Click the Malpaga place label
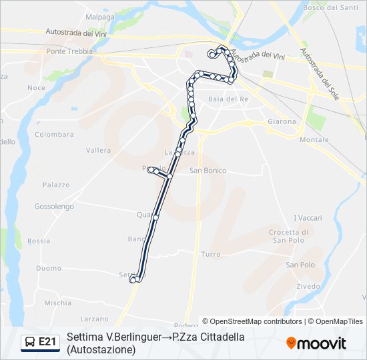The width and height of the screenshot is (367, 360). click(100, 15)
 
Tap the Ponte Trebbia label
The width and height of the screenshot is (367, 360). click(65, 51)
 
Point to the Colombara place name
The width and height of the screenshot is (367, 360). click(54, 134)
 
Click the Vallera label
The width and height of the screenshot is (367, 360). click(98, 150)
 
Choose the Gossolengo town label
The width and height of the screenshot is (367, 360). click(55, 207)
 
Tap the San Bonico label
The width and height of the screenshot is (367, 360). click(208, 171)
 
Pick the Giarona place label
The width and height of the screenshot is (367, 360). click(282, 122)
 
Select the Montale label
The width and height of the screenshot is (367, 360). click(314, 139)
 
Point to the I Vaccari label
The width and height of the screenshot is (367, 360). click(308, 218)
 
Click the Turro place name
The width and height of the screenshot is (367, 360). click(211, 255)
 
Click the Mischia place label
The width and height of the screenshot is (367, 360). click(57, 303)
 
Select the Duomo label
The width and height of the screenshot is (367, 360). click(49, 268)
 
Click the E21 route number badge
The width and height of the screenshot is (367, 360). click(41, 342)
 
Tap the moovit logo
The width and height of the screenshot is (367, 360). click(316, 343)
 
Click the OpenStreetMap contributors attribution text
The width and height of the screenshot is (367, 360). click(252, 321)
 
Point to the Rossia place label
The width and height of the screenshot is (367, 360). click(39, 241)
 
